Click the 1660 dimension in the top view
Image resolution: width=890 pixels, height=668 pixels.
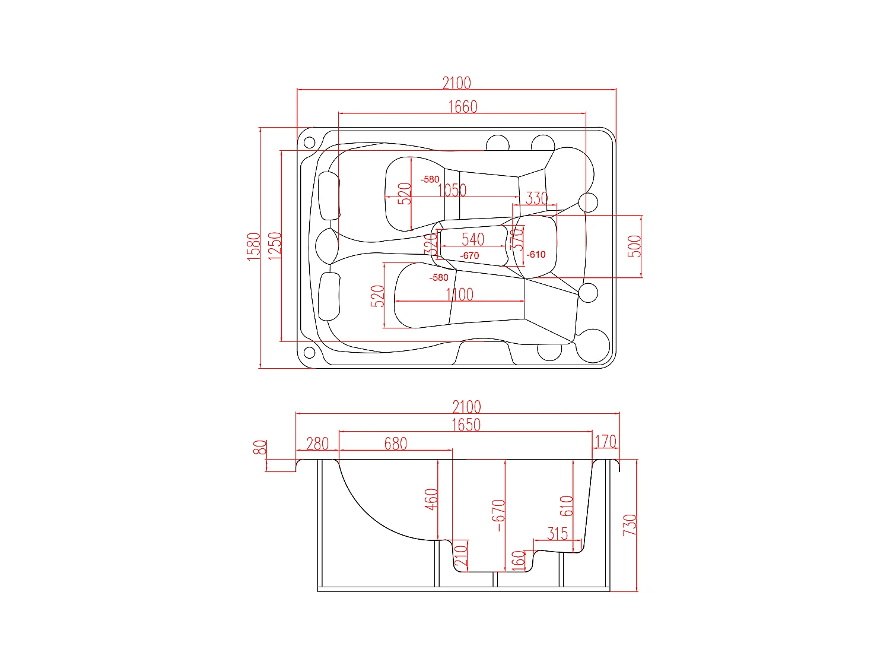pyautogui.click(x=462, y=107)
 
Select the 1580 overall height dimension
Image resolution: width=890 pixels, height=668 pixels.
pyautogui.click(x=254, y=246)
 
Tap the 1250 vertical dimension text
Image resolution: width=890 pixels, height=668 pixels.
pyautogui.click(x=275, y=245)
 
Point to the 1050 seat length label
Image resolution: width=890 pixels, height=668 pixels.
pyautogui.click(x=452, y=191)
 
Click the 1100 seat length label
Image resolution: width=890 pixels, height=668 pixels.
pyautogui.click(x=460, y=295)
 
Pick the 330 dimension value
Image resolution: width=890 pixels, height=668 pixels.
pyautogui.click(x=536, y=198)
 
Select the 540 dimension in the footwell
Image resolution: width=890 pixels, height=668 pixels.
pyautogui.click(x=473, y=239)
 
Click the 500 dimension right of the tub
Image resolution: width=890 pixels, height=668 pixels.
pyautogui.click(x=634, y=246)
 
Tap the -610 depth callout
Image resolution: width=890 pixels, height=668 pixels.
pyautogui.click(x=536, y=255)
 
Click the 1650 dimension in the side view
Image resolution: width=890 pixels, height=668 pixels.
pyautogui.click(x=466, y=425)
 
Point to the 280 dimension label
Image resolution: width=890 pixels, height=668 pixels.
pyautogui.click(x=317, y=444)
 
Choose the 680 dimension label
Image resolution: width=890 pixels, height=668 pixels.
pyautogui.click(x=395, y=444)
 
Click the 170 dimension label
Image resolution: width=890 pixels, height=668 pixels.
pyautogui.click(x=605, y=442)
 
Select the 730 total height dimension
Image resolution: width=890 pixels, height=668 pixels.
pyautogui.click(x=630, y=525)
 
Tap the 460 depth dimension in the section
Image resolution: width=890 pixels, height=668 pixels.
pyautogui.click(x=431, y=499)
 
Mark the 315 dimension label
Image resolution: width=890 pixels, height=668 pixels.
pyautogui.click(x=557, y=533)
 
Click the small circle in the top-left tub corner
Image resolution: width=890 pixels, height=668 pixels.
pyautogui.click(x=309, y=143)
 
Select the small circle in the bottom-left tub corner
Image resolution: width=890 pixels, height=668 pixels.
pyautogui.click(x=309, y=353)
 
